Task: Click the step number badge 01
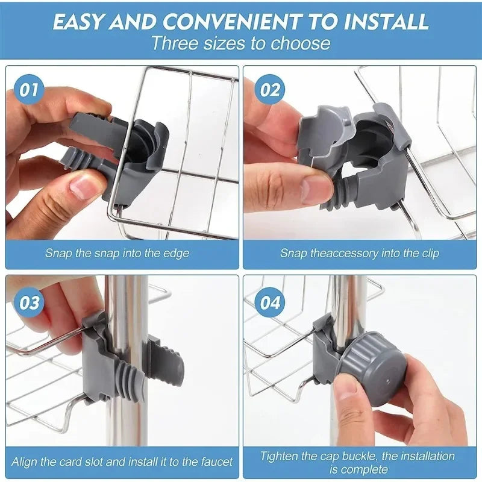[30, 90]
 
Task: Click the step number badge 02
[270, 90]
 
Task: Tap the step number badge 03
[30, 302]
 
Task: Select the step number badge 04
[270, 302]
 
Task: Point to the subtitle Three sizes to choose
[240, 43]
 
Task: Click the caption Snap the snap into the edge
[117, 253]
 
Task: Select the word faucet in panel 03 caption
[213, 462]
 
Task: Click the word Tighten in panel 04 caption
[281, 456]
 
